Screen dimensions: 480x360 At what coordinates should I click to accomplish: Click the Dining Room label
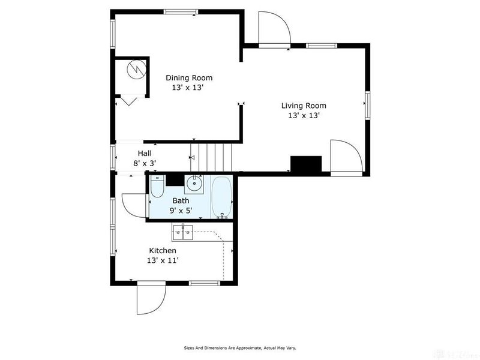[189, 78]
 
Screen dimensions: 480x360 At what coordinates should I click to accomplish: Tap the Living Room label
[304, 106]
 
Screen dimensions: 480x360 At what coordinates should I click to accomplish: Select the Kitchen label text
[163, 250]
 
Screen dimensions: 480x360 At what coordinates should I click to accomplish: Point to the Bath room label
[181, 201]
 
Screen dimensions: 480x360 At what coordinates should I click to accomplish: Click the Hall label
[145, 153]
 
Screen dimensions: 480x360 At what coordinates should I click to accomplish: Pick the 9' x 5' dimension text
[181, 211]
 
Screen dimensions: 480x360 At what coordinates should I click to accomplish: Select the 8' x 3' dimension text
[145, 163]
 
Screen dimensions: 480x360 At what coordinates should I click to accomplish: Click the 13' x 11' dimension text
[163, 260]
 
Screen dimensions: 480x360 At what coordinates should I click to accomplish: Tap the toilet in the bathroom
[157, 186]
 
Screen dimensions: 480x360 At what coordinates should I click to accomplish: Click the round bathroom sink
[194, 184]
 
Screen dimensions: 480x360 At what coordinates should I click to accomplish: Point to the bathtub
[221, 197]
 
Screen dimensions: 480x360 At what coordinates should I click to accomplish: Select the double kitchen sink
[183, 233]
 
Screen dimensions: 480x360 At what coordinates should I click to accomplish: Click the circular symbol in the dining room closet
[136, 68]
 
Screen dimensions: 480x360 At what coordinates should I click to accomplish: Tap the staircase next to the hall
[211, 157]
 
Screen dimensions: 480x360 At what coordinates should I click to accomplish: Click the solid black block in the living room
[306, 164]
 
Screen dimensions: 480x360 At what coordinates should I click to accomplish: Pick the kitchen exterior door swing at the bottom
[151, 299]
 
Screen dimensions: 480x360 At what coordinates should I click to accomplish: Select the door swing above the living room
[274, 29]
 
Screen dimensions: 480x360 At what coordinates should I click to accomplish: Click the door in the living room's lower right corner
[347, 158]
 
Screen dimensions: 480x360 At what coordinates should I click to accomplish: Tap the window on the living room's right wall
[367, 105]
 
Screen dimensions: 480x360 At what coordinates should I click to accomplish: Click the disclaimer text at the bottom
[239, 348]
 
